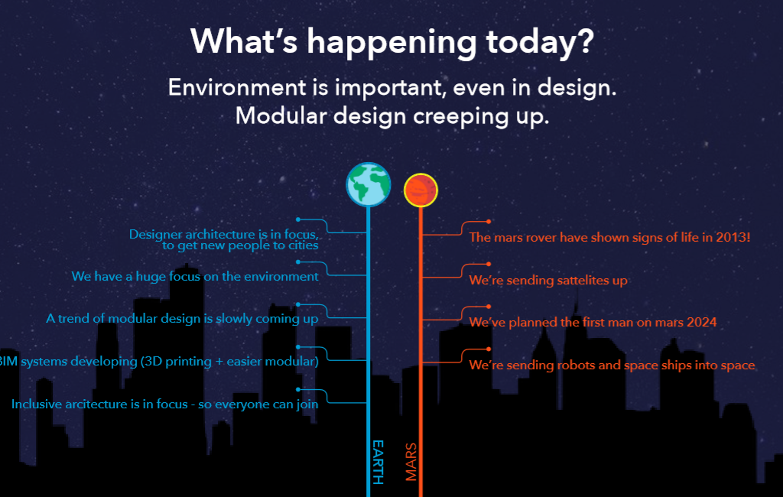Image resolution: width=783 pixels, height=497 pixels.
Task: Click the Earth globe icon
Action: pyautogui.click(x=369, y=184)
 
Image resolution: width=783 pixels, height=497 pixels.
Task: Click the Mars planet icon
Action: pyautogui.click(x=421, y=190)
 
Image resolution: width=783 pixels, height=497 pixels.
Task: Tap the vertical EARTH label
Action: pyautogui.click(x=378, y=462)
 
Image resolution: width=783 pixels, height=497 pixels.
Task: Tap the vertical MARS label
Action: pyautogui.click(x=411, y=462)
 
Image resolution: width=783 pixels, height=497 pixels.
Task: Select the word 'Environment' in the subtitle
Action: pyautogui.click(x=237, y=87)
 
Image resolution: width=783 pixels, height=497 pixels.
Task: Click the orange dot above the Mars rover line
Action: pyautogui.click(x=489, y=221)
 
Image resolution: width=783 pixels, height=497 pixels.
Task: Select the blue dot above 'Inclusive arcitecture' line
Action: pyautogui.click(x=298, y=389)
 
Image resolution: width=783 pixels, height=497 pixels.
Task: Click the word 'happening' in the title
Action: pyautogui.click(x=391, y=43)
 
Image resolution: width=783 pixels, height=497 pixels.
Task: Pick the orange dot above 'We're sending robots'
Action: pyautogui.click(x=489, y=349)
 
